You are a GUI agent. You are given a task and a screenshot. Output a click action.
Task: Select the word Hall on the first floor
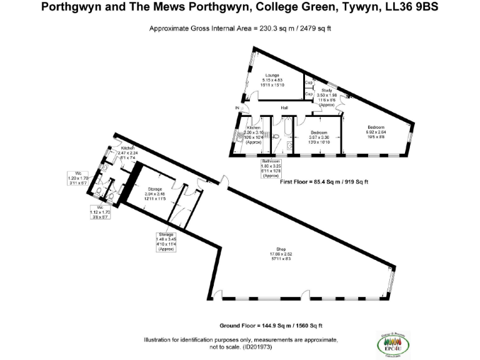point(284,108)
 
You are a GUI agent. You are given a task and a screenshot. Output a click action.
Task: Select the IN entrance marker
point(237,109)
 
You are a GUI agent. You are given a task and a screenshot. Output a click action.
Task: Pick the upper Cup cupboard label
point(308,82)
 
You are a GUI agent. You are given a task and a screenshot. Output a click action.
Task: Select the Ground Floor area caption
point(271,326)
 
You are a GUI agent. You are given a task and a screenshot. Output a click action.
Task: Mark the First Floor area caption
point(324,182)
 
